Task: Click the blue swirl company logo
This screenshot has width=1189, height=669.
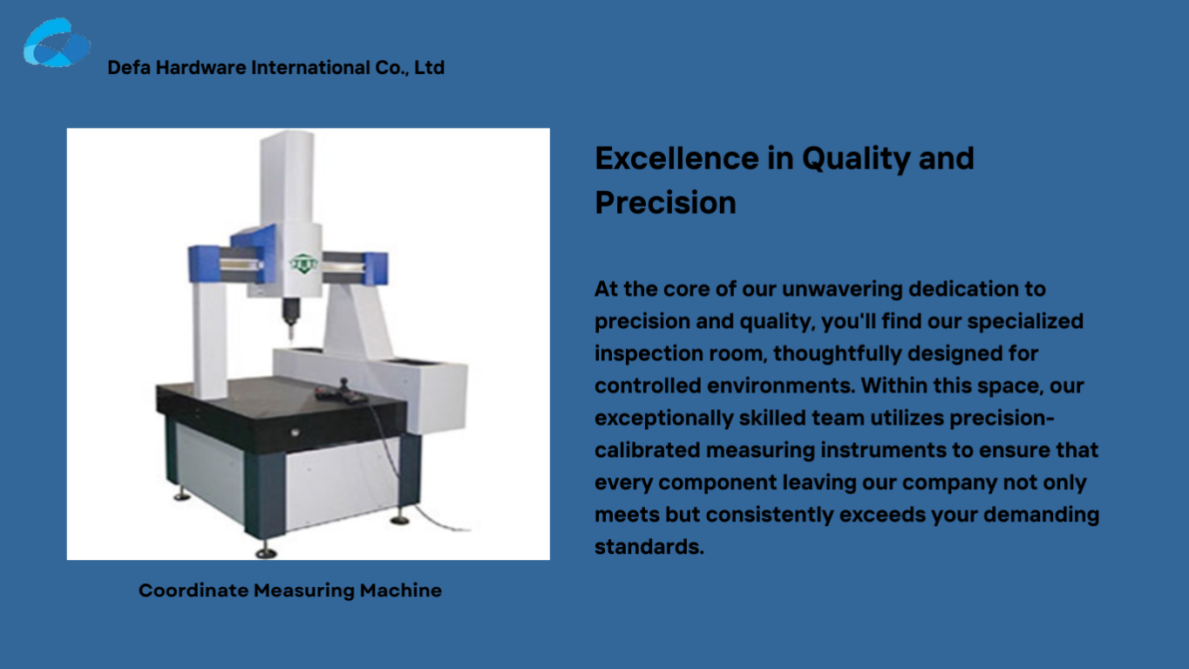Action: [x=57, y=43]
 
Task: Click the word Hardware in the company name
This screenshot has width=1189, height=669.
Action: [x=201, y=67]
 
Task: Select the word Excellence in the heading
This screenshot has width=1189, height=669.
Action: [x=676, y=158]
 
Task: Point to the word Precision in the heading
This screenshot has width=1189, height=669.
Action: [x=666, y=202]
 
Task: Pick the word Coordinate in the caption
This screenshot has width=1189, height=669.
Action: [x=194, y=590]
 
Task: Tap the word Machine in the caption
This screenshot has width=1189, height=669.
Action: [x=401, y=590]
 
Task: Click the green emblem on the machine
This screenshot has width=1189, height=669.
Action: [x=303, y=263]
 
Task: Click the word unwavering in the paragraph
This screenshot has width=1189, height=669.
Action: [x=842, y=290]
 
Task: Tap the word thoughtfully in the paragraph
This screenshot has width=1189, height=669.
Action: [x=838, y=354]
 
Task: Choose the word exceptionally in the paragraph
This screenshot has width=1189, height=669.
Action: [x=664, y=419]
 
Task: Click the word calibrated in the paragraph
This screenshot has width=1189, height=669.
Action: [x=648, y=450]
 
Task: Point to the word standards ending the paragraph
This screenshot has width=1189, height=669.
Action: [x=649, y=547]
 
